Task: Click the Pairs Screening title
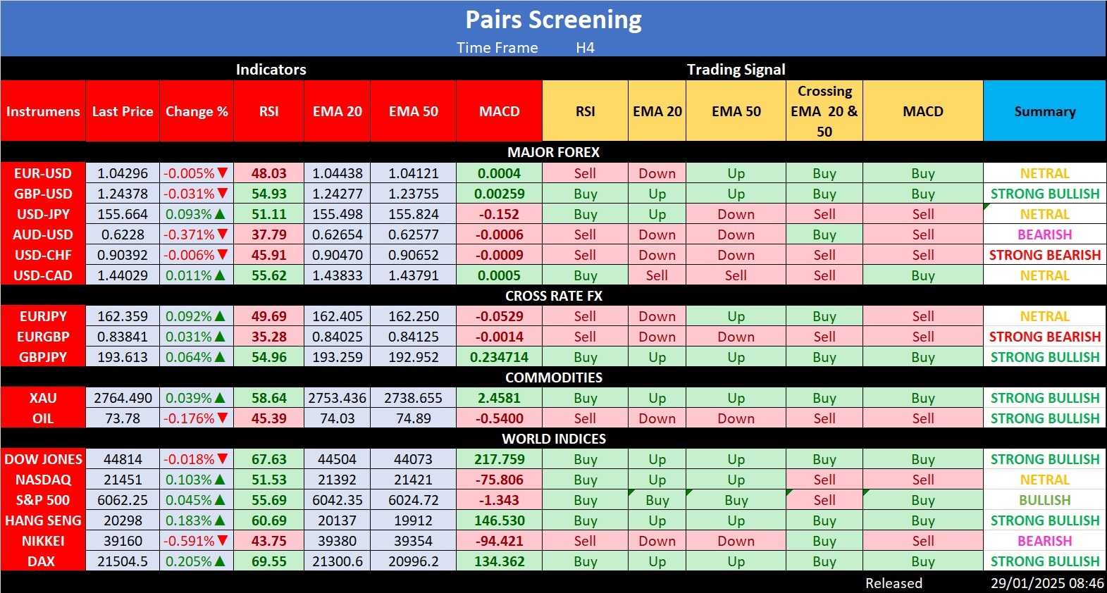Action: point(553,20)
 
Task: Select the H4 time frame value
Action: point(585,48)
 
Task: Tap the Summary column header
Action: point(1044,111)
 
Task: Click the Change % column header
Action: point(197,111)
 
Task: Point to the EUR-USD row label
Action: point(43,173)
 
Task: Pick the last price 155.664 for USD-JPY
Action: point(123,214)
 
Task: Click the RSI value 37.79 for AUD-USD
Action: point(269,235)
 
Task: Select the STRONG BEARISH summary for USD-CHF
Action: point(1044,255)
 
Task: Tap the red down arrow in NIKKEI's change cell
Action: point(223,541)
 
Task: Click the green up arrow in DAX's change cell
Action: point(220,561)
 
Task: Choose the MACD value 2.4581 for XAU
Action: point(499,398)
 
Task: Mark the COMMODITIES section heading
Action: point(553,377)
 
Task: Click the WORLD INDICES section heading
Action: point(553,439)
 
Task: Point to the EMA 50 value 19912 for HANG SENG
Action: point(413,520)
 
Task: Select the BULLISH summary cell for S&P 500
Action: point(1044,500)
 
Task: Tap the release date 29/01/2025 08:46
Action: point(1047,583)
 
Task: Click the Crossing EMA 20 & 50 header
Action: point(824,111)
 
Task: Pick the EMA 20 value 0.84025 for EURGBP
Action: point(338,337)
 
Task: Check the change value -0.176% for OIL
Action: point(189,418)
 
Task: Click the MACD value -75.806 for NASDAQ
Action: point(499,480)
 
